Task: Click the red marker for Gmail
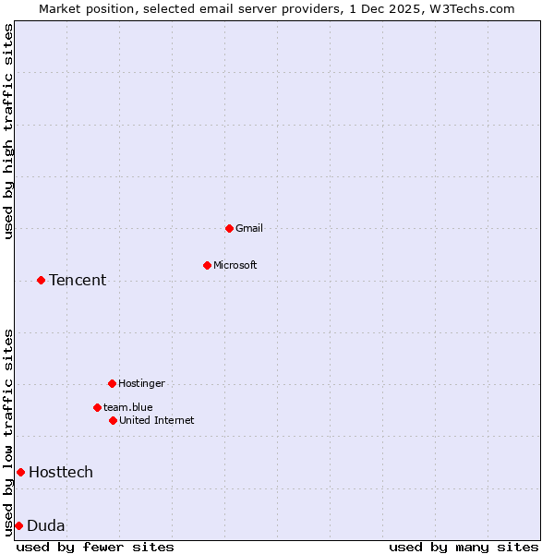229,228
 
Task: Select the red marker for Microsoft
207,265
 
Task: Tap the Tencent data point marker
41,280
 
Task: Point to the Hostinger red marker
112,383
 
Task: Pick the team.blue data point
97,407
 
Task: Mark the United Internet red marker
113,420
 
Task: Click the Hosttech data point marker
20,472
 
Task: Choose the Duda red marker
18,525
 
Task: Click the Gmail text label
249,228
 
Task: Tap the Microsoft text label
235,265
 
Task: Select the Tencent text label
78,280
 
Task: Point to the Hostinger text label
141,383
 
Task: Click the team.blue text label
128,407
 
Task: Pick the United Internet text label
157,420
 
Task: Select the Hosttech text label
61,472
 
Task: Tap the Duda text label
46,525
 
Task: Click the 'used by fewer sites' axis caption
95,547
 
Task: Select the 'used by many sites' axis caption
464,547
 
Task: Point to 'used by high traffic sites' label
8,131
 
